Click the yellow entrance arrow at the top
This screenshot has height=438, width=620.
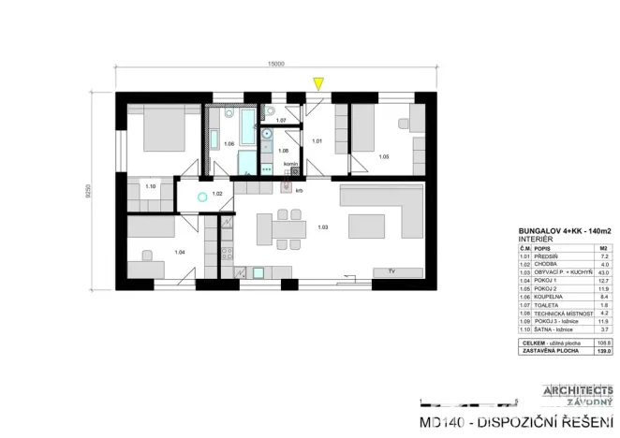click(318, 84)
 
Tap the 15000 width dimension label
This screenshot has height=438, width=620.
click(275, 64)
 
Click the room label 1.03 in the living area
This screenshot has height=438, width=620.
click(322, 227)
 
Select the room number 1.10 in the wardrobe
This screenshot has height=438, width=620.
click(151, 186)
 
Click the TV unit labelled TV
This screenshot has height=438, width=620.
click(392, 271)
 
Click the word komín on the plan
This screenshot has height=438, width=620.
click(290, 164)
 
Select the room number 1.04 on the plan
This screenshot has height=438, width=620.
click(179, 253)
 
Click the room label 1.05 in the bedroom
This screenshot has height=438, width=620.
click(384, 156)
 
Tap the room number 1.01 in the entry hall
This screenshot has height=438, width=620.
click(317, 141)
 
